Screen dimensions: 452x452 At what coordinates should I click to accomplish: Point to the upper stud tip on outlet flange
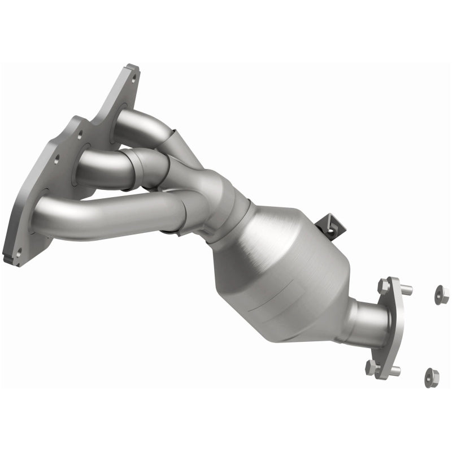[x=408, y=290]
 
